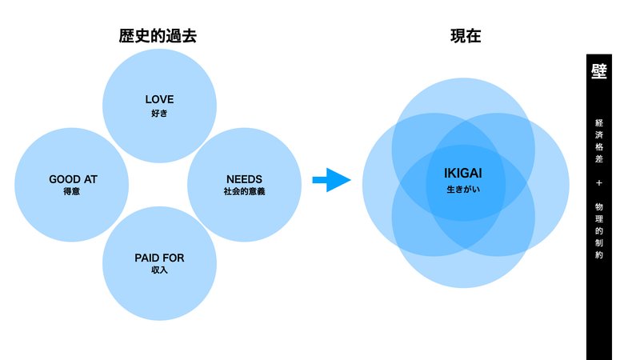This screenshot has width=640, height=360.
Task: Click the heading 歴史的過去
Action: coord(158,36)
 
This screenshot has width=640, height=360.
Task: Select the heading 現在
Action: coord(466,36)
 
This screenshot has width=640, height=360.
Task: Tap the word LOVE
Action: coord(159,99)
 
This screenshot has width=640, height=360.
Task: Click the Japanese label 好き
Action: coord(159,113)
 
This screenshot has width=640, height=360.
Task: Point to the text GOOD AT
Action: coord(73,179)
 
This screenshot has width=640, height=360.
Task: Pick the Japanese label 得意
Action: coord(71,191)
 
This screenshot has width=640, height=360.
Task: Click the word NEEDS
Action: coord(244,179)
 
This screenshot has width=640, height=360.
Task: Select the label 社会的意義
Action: coord(244,191)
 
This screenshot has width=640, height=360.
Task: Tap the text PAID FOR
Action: coord(159,258)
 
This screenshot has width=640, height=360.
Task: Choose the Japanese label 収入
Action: coord(159,270)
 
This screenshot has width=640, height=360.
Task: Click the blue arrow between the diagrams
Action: coord(331,179)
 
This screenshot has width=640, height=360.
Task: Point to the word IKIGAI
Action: coord(463,174)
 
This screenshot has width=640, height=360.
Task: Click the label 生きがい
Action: coord(463,190)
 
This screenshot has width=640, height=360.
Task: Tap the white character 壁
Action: coord(598,71)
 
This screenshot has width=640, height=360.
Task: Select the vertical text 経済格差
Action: coord(598,141)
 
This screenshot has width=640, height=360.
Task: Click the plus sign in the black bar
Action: coord(598,183)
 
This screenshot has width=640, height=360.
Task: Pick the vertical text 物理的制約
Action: coord(598,230)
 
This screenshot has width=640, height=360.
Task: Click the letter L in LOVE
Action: coord(148,99)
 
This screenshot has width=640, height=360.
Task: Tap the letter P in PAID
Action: coord(138,258)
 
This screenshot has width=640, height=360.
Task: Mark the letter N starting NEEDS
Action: coord(230,179)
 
